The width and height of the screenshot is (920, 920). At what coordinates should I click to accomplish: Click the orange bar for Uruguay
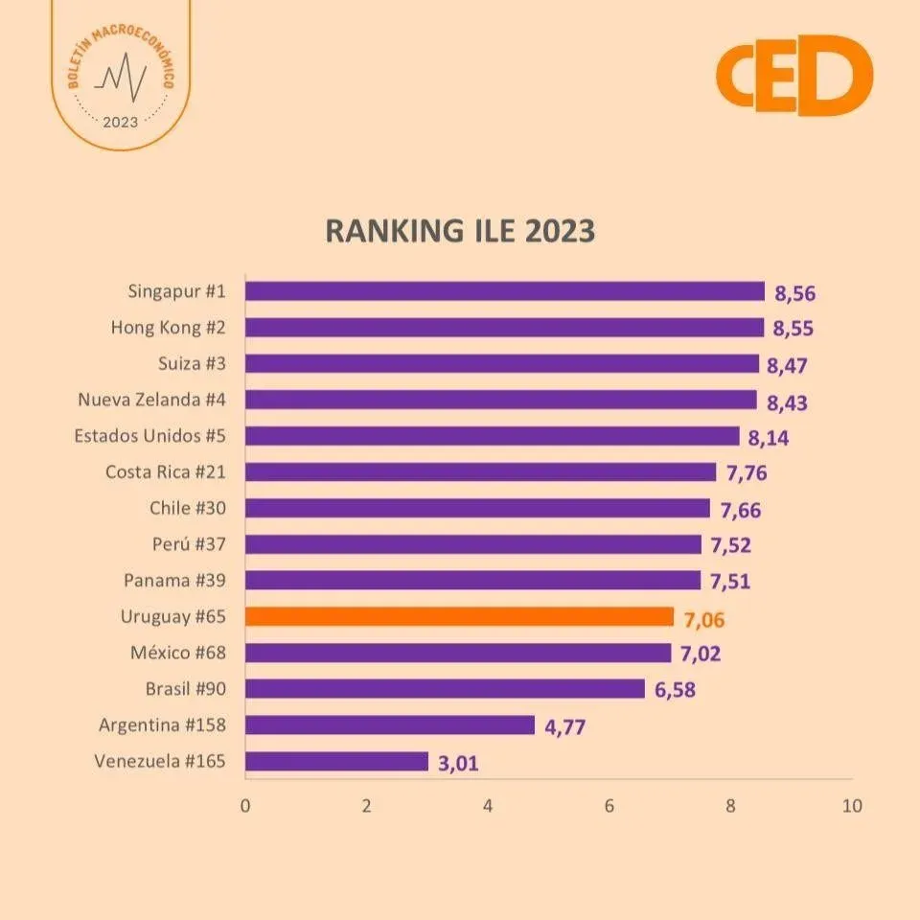(460, 616)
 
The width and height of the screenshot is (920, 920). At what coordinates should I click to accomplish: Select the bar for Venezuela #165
(337, 761)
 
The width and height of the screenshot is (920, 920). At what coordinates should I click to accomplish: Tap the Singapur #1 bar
(505, 291)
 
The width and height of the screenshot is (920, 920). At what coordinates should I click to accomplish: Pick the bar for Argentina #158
(390, 724)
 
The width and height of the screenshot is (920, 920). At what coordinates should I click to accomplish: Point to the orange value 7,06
(704, 620)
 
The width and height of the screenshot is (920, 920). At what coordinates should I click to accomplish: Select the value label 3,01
(458, 764)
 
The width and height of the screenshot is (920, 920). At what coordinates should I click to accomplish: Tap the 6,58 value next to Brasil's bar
(676, 691)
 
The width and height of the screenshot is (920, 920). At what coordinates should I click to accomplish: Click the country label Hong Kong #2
(168, 327)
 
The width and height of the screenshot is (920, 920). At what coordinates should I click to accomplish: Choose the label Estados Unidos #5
(149, 435)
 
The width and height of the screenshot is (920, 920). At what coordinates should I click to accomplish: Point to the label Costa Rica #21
(165, 471)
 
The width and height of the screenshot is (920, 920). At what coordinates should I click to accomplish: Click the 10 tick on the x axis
(851, 806)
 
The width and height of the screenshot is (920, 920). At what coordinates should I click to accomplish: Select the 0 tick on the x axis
(245, 806)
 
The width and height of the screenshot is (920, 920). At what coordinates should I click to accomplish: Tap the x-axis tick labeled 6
(609, 806)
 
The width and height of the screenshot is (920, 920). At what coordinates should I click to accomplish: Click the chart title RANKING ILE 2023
(460, 232)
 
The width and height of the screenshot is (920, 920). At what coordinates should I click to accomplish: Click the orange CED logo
(794, 75)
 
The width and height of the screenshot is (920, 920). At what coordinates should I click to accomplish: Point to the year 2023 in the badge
(120, 122)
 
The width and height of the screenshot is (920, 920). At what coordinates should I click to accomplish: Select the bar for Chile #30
(477, 508)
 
